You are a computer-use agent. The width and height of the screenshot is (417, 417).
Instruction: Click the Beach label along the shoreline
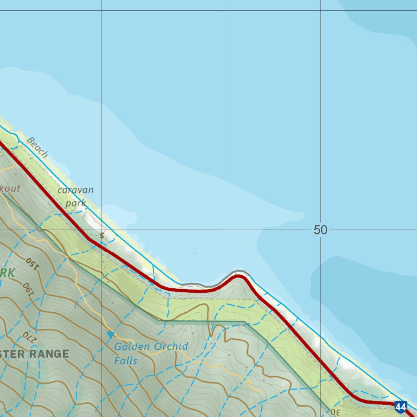[x=37, y=147]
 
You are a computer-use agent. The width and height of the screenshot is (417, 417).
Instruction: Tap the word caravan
[x=75, y=190]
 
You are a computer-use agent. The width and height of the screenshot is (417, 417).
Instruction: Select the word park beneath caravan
[x=76, y=203]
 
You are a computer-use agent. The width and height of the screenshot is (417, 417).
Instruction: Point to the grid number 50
[x=320, y=230]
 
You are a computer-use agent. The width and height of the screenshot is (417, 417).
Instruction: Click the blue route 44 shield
[x=401, y=406]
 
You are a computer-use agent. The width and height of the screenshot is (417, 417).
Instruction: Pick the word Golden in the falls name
[x=131, y=347]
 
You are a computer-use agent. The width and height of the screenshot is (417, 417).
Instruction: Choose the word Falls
[x=125, y=361]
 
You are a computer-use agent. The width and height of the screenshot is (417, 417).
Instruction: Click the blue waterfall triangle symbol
[x=110, y=335]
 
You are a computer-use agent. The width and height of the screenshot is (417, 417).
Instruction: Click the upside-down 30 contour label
[x=335, y=412]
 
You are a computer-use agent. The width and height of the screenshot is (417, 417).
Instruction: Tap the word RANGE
[x=49, y=354]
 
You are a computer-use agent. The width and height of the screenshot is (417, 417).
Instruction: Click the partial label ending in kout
[x=10, y=189]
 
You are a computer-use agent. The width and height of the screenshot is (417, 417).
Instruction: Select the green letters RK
[x=7, y=273]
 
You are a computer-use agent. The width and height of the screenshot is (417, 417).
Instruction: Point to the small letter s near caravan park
[x=102, y=235]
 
